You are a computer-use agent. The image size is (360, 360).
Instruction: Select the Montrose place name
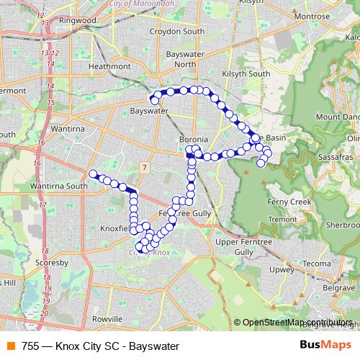(312, 15)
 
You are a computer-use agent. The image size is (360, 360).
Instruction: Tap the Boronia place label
(194, 139)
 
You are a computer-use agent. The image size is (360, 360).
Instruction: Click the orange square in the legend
(11, 346)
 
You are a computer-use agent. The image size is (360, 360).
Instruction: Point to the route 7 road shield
(145, 168)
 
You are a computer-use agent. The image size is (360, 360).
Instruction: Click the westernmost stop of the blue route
(92, 173)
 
